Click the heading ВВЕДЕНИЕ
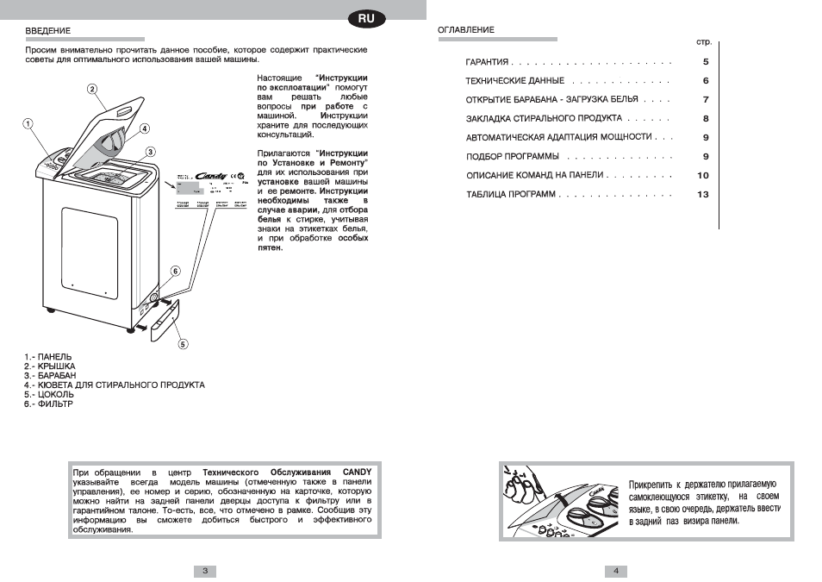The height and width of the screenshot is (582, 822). (x=47, y=31)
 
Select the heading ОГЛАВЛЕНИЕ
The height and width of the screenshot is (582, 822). (x=466, y=31)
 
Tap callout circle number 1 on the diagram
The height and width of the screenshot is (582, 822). (x=28, y=123)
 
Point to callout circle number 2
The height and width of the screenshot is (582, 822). (x=91, y=89)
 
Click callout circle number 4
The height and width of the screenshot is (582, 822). (x=145, y=129)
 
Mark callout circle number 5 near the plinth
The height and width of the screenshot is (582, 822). (x=183, y=344)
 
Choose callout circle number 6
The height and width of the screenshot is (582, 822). (x=175, y=271)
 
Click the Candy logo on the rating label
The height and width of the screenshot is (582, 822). (x=212, y=176)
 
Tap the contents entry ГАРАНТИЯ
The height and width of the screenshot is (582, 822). (x=488, y=63)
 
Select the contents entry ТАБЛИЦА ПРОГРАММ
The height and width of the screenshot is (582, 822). (x=511, y=195)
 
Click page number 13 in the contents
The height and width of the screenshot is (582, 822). (x=702, y=195)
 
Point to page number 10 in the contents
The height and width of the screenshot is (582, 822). (x=702, y=176)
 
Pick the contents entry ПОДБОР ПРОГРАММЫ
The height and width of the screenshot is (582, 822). (x=513, y=157)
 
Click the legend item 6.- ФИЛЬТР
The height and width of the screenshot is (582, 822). (x=49, y=404)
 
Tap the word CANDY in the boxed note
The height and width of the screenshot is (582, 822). (x=357, y=472)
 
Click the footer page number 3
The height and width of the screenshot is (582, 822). (x=205, y=571)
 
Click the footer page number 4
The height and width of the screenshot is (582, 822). (x=616, y=571)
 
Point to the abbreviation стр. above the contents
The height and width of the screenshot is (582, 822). (x=703, y=41)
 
